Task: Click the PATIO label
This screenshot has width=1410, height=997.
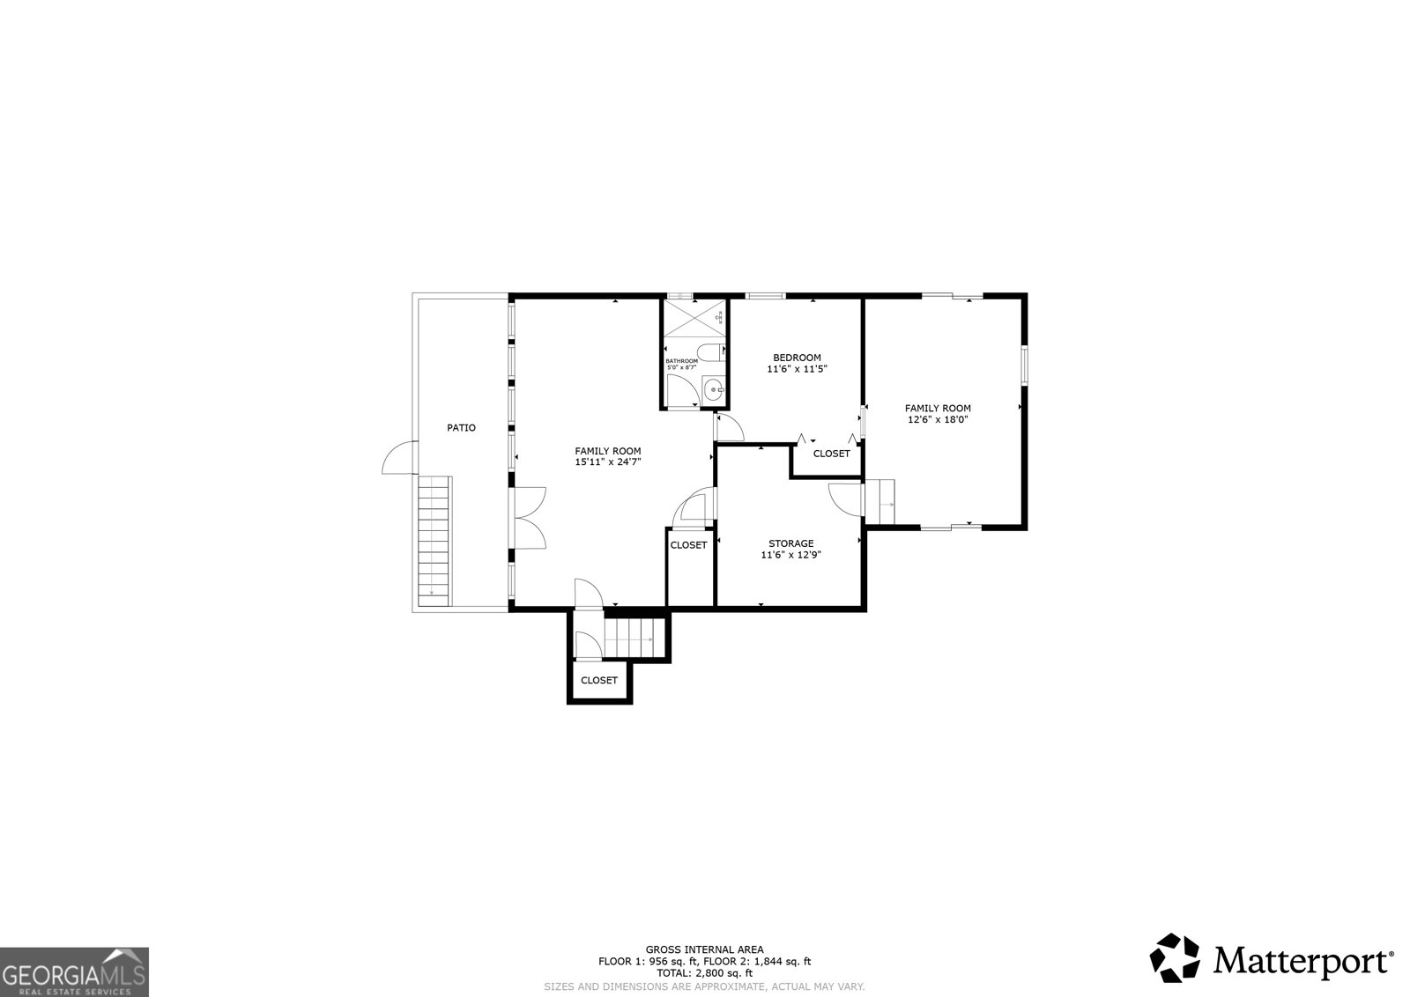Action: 461,428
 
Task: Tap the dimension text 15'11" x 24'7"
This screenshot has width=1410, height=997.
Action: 608,462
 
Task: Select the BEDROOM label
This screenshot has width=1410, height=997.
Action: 797,358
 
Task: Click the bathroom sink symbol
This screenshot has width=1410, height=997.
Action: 715,388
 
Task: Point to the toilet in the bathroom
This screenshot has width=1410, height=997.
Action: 717,352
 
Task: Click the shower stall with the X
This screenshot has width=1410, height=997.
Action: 695,318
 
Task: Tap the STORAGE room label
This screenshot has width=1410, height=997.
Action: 790,543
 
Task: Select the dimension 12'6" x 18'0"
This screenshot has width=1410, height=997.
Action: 938,420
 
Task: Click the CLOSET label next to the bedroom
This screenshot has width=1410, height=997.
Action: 831,454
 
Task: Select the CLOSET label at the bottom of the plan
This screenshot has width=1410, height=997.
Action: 599,680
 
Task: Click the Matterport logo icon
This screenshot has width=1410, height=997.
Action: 1176,958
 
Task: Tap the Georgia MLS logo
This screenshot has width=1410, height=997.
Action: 74,971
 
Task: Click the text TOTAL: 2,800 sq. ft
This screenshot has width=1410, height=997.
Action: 704,973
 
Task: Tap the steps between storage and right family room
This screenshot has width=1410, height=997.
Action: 879,500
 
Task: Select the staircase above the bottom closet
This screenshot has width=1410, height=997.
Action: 633,637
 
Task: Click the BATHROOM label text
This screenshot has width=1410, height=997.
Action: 681,361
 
